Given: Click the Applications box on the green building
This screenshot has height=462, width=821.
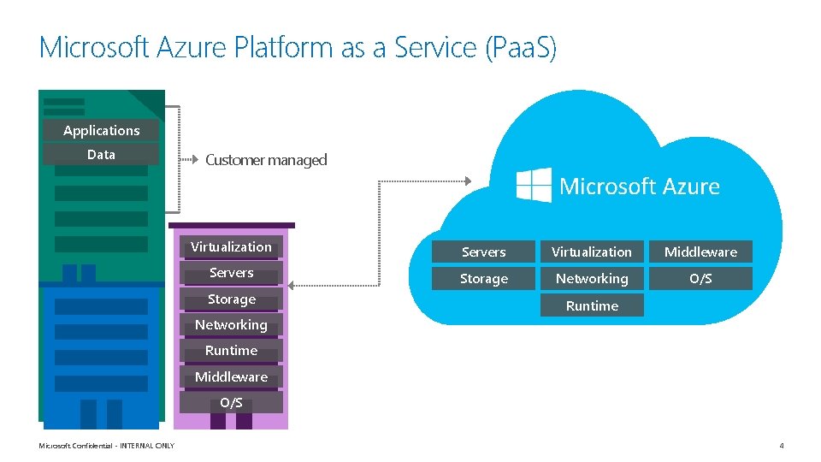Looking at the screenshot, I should coord(101,130).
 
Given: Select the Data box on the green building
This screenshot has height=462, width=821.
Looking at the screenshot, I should coord(101,155).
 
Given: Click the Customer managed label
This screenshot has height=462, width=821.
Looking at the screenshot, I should coord(266,160).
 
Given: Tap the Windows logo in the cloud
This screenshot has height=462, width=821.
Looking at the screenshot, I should coord(535,185).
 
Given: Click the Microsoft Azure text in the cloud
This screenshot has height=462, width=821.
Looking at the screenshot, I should coord(639,187).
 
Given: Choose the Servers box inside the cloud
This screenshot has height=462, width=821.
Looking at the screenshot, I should coord(484,252).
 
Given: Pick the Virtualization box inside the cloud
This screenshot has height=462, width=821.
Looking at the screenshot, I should coord(592,252).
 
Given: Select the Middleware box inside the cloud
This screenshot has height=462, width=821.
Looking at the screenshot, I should coord(700,252).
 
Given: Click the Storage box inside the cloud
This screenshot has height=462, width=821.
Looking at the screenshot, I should coord(484,279).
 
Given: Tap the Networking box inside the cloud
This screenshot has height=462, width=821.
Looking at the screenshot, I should coord(592,279).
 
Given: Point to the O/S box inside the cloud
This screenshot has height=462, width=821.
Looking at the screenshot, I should coord(700,279).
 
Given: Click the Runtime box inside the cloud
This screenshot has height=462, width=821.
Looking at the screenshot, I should coord(592,305).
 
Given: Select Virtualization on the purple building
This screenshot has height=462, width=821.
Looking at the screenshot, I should coord(231,247).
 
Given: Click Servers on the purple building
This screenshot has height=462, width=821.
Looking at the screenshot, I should coord(231,273).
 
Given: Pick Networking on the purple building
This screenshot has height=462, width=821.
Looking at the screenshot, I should coord(231,325).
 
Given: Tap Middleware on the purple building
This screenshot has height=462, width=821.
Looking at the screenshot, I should coord(231,377).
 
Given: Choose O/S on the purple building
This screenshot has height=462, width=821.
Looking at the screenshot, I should coord(231,403).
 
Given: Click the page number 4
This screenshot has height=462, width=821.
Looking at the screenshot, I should coord(781,446).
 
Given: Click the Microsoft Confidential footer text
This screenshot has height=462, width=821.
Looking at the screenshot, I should coord(107,446).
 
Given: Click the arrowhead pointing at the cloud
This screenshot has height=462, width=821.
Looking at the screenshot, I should coord(467,181).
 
